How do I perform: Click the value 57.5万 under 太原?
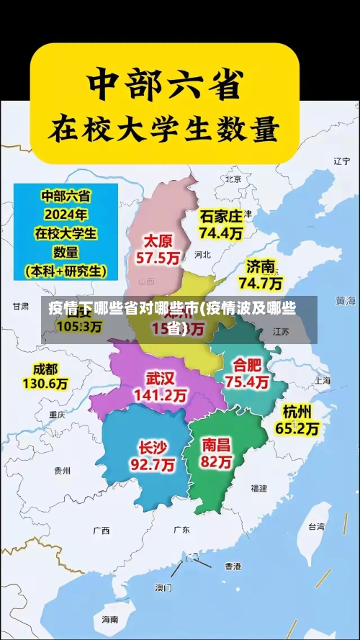point(159,257)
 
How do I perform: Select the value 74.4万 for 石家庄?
point(221,233)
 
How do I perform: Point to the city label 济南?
point(261,266)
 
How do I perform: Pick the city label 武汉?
point(160,378)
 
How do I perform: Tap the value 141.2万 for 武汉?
point(160,395)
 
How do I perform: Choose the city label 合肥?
point(247,364)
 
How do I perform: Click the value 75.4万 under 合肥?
point(247,382)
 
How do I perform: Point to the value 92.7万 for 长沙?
point(152,465)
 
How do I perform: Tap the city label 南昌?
point(217,444)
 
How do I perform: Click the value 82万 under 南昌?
point(217,462)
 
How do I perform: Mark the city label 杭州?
point(297,411)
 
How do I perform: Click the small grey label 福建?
point(258,488)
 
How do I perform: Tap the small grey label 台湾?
point(316,526)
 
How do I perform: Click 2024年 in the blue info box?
point(66,214)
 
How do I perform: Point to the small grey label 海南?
point(109,619)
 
